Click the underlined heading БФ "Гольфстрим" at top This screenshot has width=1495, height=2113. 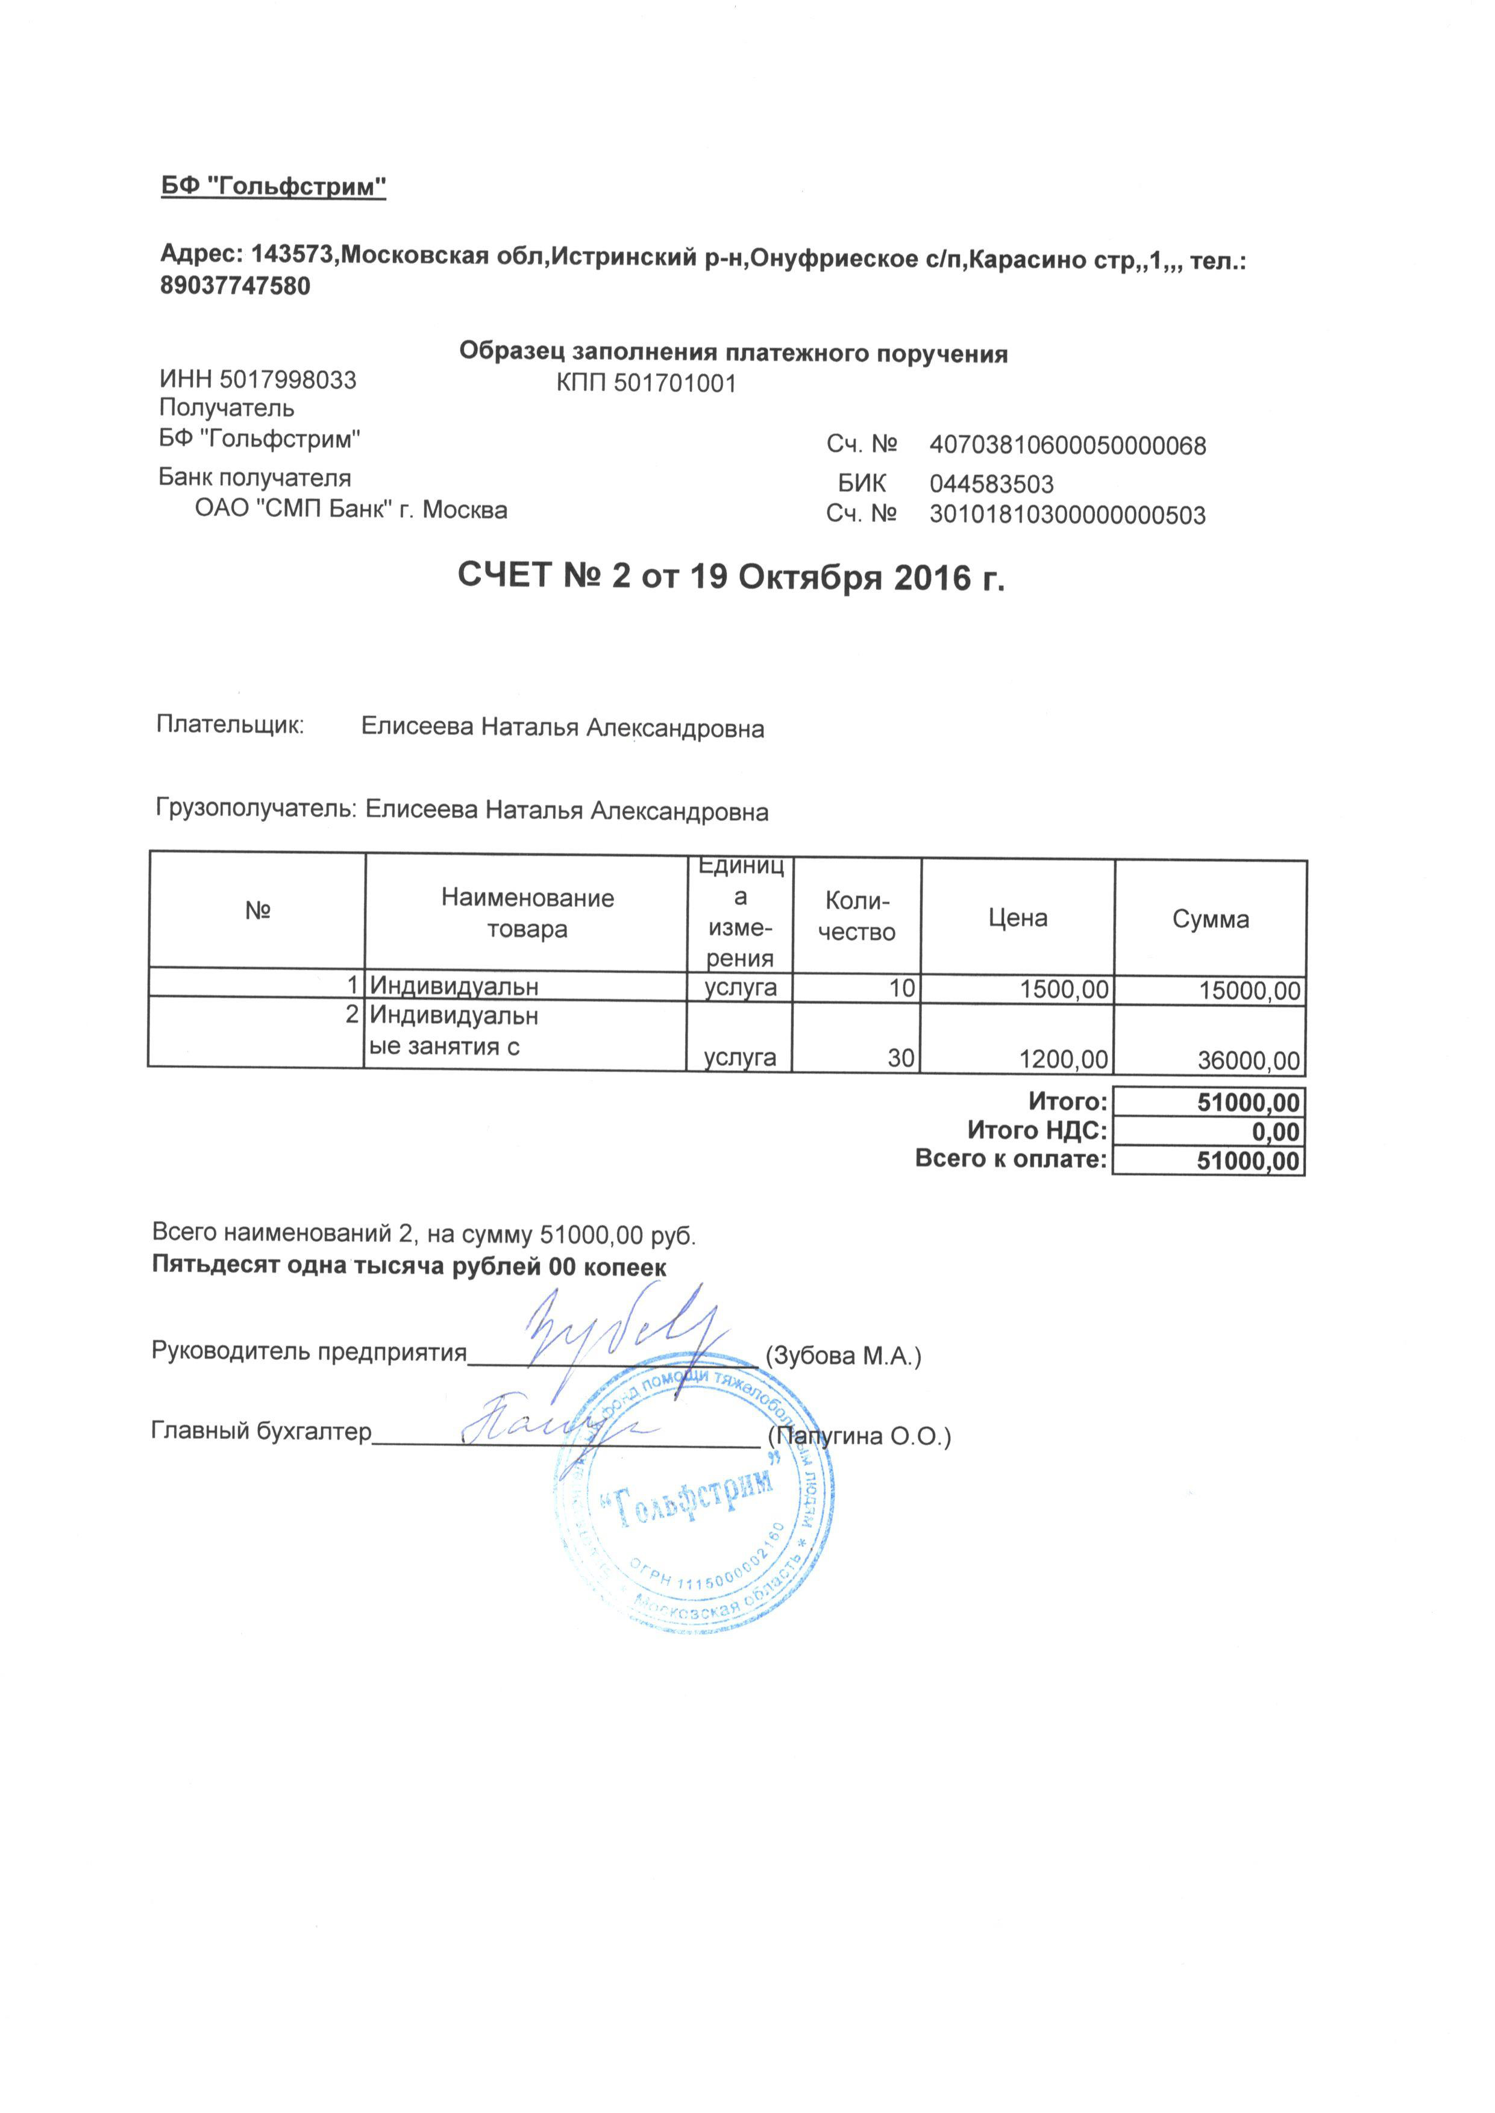[x=274, y=187]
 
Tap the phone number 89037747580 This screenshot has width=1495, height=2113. [x=236, y=286]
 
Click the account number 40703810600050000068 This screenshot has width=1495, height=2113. [x=1067, y=446]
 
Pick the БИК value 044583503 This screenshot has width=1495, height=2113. [x=991, y=484]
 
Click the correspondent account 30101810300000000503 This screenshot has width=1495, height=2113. [x=1067, y=515]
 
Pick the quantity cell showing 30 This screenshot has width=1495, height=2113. [x=900, y=1059]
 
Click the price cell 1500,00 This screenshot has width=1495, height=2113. [x=1064, y=991]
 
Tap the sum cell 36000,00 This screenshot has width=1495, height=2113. [x=1249, y=1061]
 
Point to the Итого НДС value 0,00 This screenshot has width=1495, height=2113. [x=1275, y=1132]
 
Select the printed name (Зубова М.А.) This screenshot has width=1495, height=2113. [x=844, y=1356]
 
